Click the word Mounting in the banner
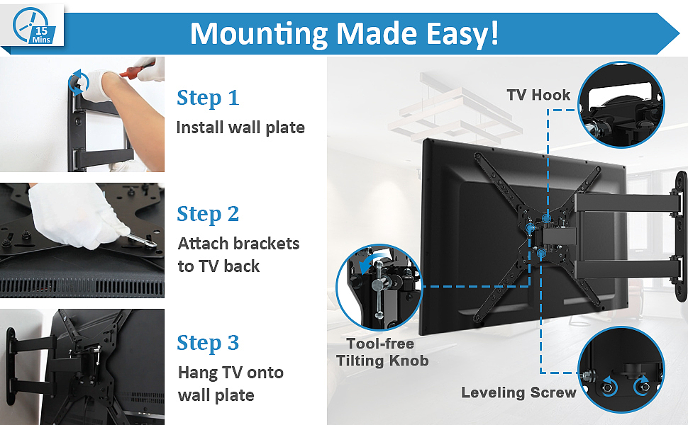pyautogui.click(x=259, y=34)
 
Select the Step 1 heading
pyautogui.click(x=208, y=98)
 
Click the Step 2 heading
pyautogui.click(x=208, y=214)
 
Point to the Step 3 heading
pyautogui.click(x=208, y=343)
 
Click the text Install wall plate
pyautogui.click(x=240, y=127)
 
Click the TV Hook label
pyautogui.click(x=538, y=95)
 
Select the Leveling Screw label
pyautogui.click(x=518, y=392)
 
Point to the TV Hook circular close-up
pyautogui.click(x=621, y=104)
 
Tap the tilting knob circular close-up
pyautogui.click(x=379, y=287)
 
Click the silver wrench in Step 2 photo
pyautogui.click(x=141, y=239)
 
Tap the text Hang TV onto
pyautogui.click(x=231, y=373)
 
